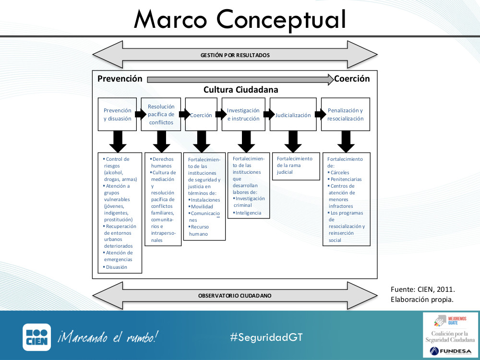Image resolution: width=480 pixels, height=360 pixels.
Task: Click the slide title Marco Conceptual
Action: (240, 19)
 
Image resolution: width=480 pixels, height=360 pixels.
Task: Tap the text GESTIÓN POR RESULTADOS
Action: (235, 55)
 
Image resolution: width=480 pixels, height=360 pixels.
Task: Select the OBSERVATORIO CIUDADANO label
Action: (235, 296)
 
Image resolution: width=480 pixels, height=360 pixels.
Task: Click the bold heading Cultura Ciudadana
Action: (240, 90)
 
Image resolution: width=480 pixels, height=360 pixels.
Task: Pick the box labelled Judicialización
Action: (293, 115)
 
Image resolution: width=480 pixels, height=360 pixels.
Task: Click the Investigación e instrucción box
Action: (243, 115)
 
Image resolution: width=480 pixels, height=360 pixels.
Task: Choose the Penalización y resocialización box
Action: (346, 115)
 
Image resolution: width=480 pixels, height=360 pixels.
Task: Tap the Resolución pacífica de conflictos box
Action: (161, 115)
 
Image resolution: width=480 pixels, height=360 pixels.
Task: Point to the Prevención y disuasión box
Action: (118, 115)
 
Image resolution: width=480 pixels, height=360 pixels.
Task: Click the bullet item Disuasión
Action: (117, 267)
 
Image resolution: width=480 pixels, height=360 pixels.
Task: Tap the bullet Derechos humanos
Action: (163, 162)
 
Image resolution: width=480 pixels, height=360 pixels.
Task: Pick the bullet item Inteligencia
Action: (248, 213)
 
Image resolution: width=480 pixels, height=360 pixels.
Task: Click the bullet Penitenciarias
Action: (346, 179)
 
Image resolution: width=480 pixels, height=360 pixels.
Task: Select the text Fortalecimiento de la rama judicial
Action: (294, 165)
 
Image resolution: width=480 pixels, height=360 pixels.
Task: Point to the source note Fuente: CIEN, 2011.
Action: (423, 289)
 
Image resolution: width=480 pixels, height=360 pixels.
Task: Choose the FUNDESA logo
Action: (450, 350)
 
